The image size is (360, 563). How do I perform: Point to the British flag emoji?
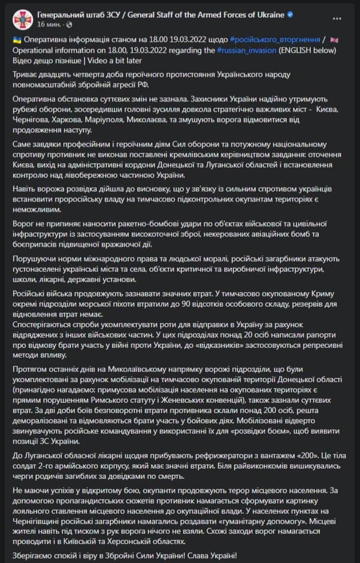tap(334, 40)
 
